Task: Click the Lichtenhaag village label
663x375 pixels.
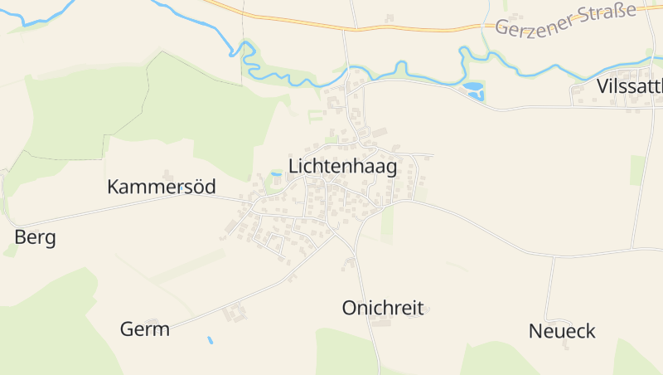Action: point(342,166)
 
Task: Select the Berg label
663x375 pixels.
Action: point(35,238)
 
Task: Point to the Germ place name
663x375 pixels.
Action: point(145,329)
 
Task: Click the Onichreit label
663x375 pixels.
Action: point(383,309)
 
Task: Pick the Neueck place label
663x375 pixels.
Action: point(562,332)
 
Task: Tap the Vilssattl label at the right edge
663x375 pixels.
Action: point(629,87)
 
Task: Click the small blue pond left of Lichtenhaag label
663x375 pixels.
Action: point(276,173)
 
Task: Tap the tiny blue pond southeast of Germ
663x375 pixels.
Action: point(211,340)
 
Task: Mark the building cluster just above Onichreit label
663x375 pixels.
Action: point(349,264)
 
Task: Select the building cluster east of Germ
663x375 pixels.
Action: point(235,314)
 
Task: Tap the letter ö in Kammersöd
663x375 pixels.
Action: point(195,187)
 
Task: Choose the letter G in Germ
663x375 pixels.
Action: point(128,329)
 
